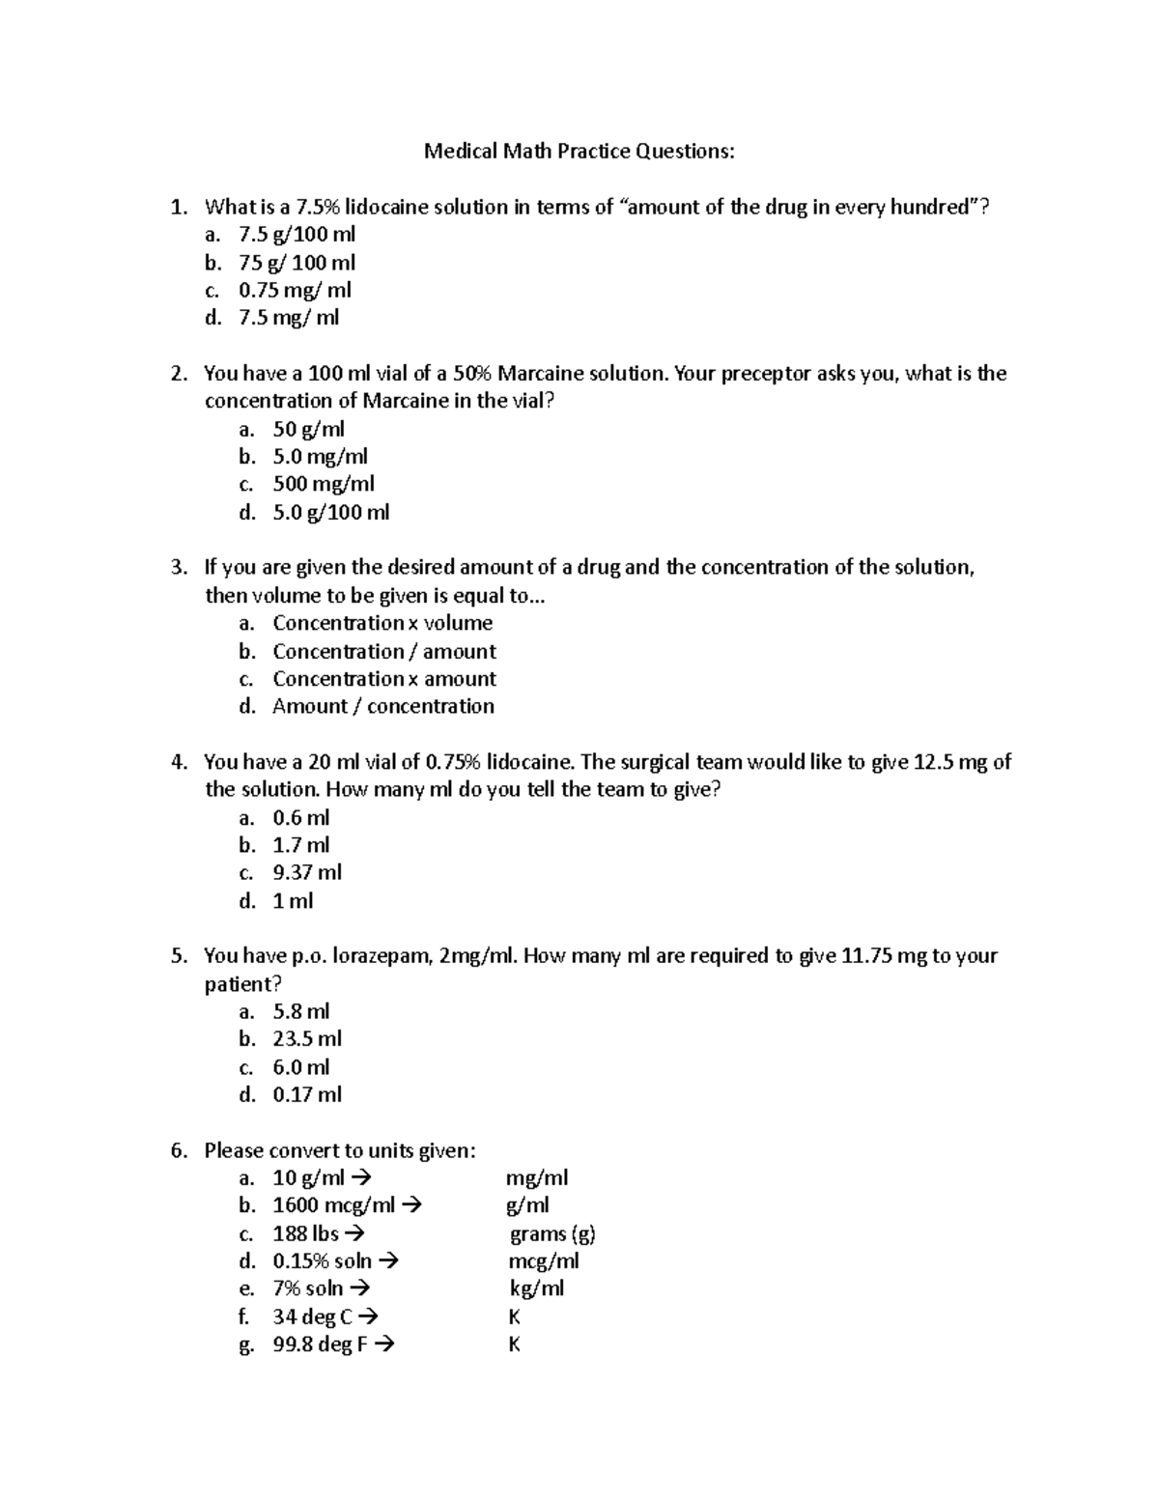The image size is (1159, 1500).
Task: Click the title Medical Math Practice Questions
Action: pos(579,152)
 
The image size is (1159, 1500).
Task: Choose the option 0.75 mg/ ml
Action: pos(295,290)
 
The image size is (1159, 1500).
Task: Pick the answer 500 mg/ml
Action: pos(324,484)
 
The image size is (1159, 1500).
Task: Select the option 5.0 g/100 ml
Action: pos(331,512)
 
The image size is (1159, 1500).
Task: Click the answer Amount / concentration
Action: pos(383,706)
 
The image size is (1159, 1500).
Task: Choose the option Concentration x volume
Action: pos(382,623)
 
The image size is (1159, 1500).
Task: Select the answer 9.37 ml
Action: pos(307,872)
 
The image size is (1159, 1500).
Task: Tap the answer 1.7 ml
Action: pos(301,845)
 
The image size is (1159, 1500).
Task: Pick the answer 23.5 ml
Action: pos(307,1039)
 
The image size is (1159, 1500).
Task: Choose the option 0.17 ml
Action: pos(307,1094)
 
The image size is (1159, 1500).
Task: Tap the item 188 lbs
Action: pos(305,1233)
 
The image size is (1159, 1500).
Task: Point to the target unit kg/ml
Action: pos(537,1288)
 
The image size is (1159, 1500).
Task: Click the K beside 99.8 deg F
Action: pos(514,1344)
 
